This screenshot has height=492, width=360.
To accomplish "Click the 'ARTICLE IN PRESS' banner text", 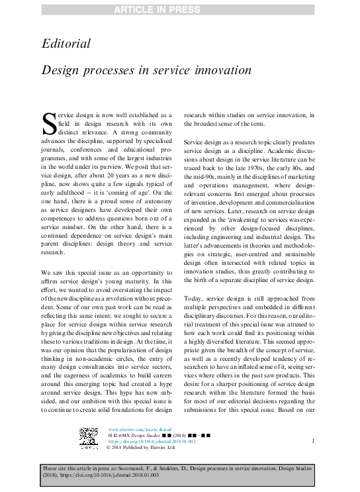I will pyautogui.click(x=180, y=8).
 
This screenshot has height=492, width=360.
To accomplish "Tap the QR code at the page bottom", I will pyautogui.click(x=89, y=438).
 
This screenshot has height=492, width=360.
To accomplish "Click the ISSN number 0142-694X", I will pyautogui.click(x=120, y=435).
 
